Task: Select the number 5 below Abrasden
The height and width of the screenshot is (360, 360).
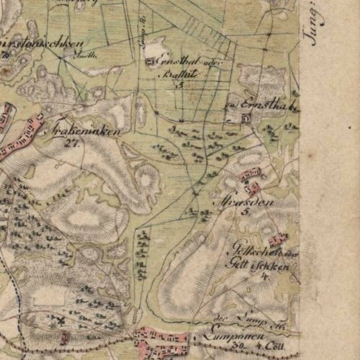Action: click(x=244, y=213)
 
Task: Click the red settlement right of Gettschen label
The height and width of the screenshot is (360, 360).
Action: click(x=277, y=238)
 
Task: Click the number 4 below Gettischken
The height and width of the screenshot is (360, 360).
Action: click(x=264, y=275)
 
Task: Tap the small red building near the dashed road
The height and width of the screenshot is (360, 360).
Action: click(x=65, y=336)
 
